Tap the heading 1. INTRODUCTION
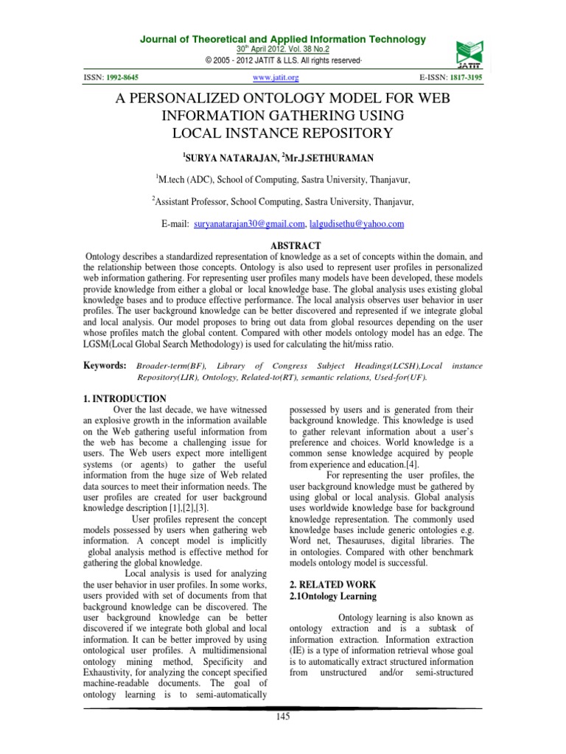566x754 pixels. [x=125, y=398]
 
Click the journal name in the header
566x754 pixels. [x=282, y=39]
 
